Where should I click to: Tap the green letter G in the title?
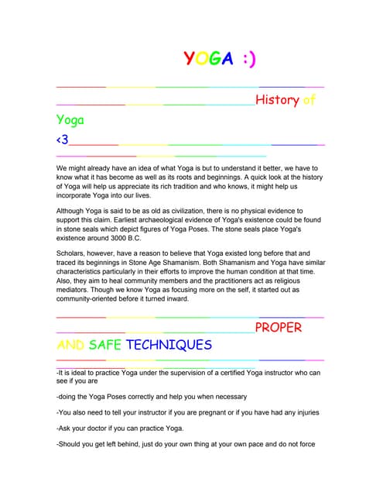pos(213,59)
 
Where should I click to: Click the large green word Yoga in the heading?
pos(70,120)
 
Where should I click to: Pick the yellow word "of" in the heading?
pos(309,100)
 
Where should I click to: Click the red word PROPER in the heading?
pos(279,327)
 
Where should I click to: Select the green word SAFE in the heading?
pos(105,345)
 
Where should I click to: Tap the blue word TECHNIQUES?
pos(169,345)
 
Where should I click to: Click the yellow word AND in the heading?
pos(70,345)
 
